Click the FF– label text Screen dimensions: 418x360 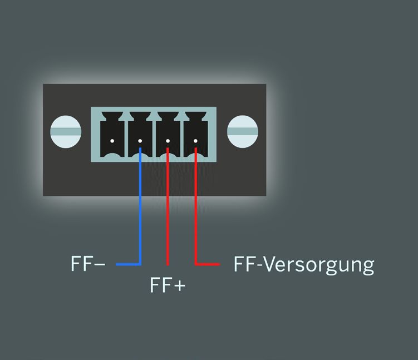point(88,264)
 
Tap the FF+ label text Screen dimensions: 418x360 point(168,285)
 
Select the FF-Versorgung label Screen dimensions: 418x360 point(304,265)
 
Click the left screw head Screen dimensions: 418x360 point(66,132)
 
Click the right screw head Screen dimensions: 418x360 point(243,132)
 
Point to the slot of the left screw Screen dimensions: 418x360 point(66,132)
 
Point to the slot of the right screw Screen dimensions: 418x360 point(243,132)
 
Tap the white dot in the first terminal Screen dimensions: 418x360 point(112,141)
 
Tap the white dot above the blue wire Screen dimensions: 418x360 point(140,141)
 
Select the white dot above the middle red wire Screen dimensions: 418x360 point(168,141)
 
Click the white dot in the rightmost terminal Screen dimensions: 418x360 point(196,141)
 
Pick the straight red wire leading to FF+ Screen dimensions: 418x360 point(168,206)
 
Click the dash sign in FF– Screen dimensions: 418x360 point(100,264)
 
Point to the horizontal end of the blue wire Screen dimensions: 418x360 point(116,264)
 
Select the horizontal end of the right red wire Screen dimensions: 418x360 point(220,264)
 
